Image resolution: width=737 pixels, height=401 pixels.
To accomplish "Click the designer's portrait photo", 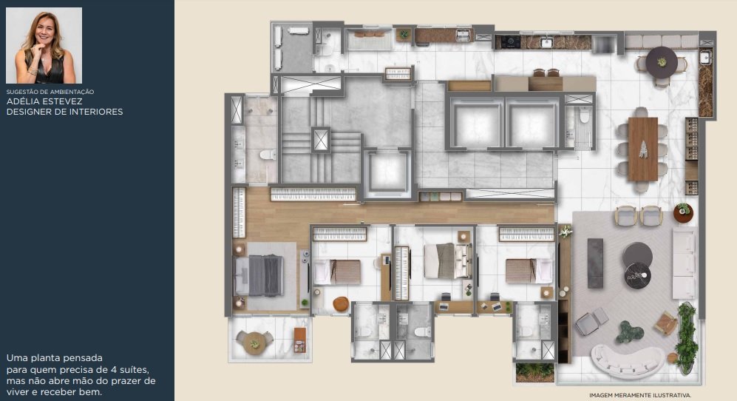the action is [x=44, y=45].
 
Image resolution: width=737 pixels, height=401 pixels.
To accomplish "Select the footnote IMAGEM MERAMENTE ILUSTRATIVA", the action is [x=640, y=395].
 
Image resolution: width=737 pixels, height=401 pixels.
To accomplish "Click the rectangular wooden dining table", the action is [x=642, y=149].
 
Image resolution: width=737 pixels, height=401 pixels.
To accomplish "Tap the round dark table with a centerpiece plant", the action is [x=662, y=62].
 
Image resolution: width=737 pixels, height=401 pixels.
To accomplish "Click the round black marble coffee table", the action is [x=638, y=275].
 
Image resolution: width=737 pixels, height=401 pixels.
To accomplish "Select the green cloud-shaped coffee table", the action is [x=630, y=331].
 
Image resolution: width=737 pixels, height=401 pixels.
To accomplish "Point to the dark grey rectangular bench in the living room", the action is [x=595, y=263].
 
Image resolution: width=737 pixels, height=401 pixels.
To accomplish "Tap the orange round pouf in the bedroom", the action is [x=340, y=304].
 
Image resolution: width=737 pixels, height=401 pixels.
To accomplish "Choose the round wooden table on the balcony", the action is [x=254, y=343].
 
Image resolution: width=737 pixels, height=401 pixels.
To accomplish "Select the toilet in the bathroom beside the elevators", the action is [x=584, y=115].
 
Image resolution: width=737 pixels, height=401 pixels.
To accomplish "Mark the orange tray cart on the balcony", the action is [x=300, y=340].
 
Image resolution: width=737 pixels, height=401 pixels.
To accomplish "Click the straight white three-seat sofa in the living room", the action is [x=684, y=263].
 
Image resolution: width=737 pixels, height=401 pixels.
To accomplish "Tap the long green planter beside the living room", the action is [x=686, y=338].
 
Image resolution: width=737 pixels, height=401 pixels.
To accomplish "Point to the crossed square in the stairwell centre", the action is [x=321, y=140].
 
